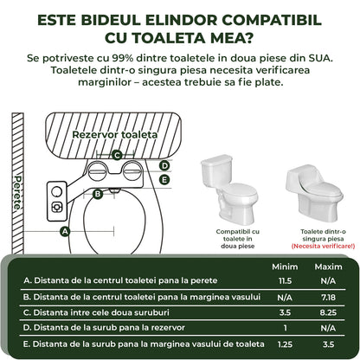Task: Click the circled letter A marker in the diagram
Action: tap(64, 231)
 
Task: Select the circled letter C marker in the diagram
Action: tap(116, 156)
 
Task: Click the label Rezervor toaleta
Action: tap(114, 135)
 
